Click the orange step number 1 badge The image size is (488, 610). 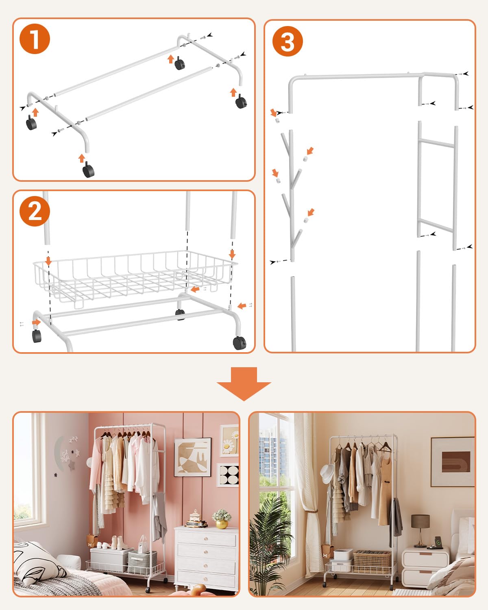(35, 39)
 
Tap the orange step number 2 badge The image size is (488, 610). (35, 211)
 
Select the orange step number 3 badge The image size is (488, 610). (288, 41)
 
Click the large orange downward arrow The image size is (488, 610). (244, 384)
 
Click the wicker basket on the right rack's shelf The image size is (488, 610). (372, 562)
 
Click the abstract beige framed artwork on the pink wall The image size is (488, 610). (192, 457)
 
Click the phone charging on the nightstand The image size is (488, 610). (438, 541)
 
